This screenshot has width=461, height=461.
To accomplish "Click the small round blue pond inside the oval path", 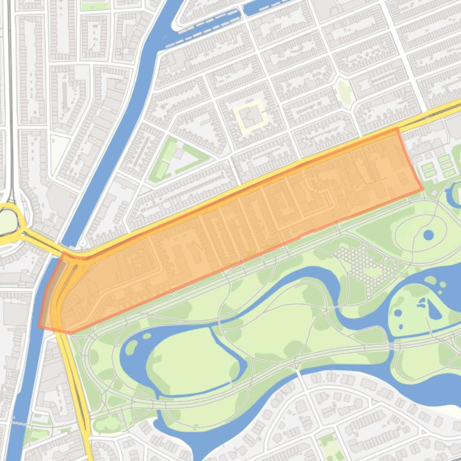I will tap(428, 235).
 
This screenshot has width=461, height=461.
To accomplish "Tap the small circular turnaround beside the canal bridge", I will tap(82, 243).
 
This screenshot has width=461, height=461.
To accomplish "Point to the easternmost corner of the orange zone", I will tap(423, 189).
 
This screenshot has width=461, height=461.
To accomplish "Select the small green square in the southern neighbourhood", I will tap(326, 443).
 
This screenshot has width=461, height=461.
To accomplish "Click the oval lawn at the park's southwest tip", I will tap(107, 424).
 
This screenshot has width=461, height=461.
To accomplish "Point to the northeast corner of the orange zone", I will tap(397, 129).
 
